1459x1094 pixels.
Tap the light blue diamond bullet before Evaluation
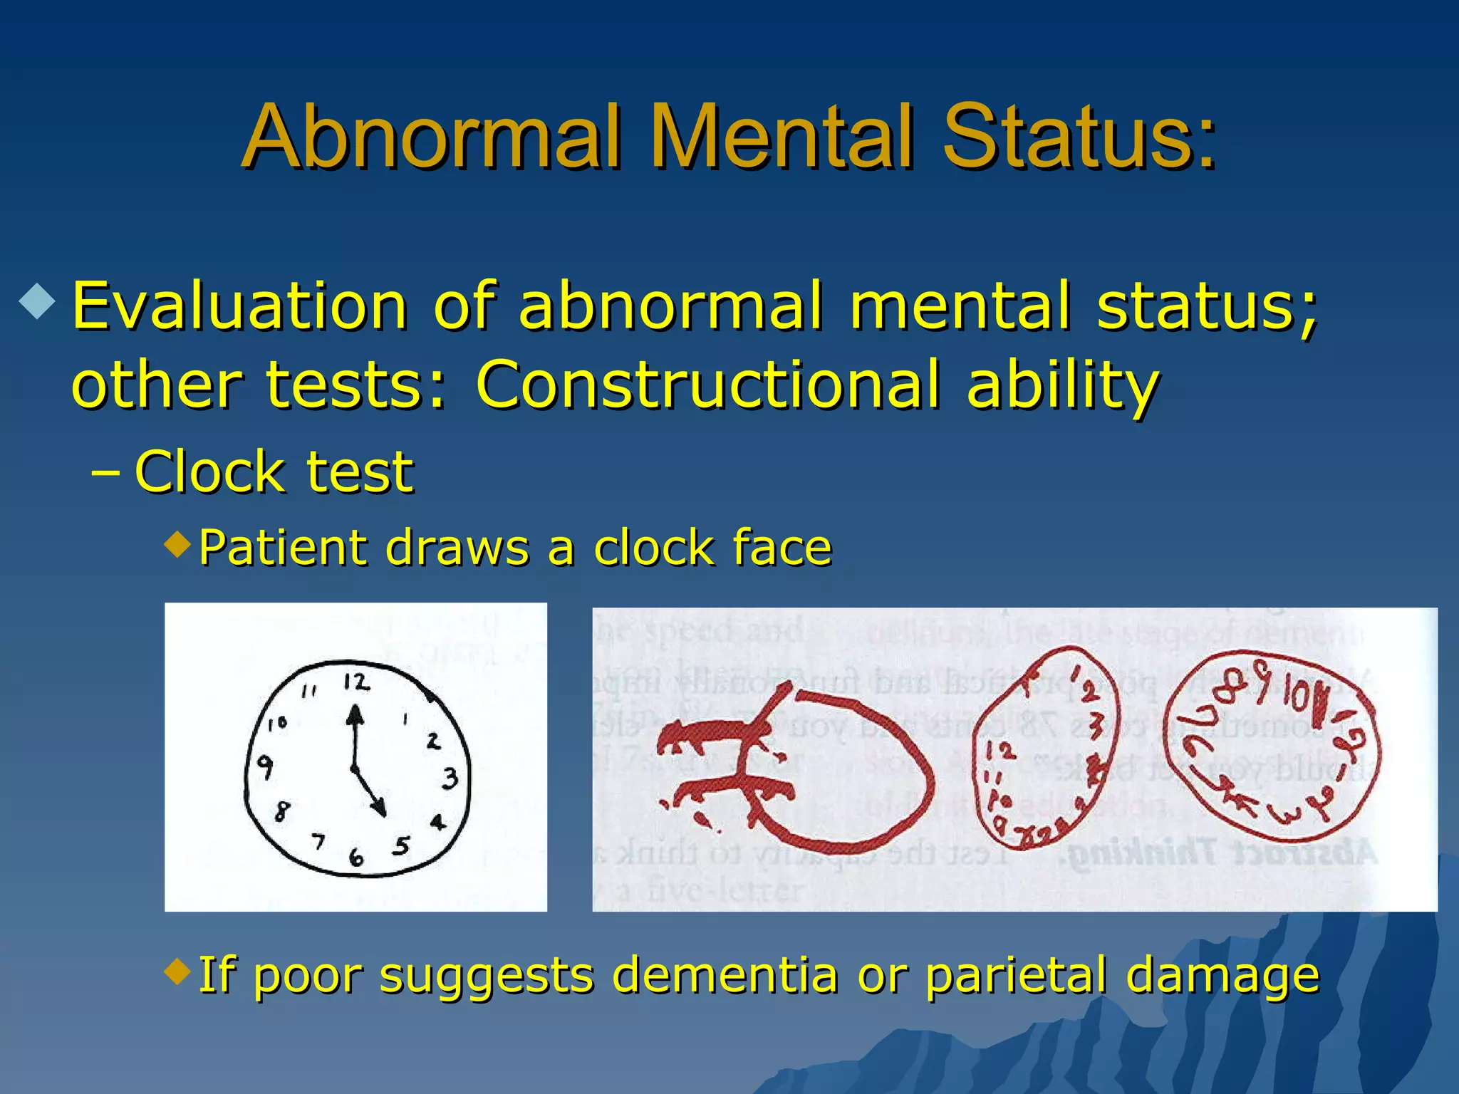click(37, 302)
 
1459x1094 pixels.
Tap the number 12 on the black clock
click(356, 682)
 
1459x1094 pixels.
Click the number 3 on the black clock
click(450, 778)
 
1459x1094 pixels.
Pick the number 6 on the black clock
click(356, 858)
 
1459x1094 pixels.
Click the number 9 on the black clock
click(265, 767)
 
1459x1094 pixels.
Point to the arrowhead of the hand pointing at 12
click(355, 715)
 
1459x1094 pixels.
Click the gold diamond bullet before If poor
click(177, 970)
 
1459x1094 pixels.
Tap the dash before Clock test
click(105, 473)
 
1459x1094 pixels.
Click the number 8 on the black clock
click(282, 811)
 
